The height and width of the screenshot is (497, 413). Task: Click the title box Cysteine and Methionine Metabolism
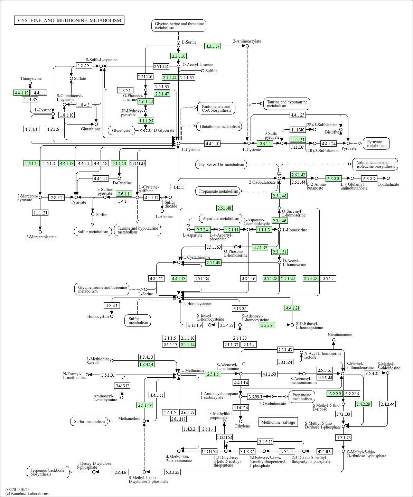tap(69, 20)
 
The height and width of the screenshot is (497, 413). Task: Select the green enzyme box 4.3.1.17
tap(212, 46)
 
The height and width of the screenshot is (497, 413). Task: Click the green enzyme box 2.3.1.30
tap(178, 56)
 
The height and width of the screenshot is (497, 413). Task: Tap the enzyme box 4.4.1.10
tap(212, 143)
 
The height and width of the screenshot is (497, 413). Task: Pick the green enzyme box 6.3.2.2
tap(334, 178)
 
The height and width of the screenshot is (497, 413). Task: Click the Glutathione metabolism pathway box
tap(219, 127)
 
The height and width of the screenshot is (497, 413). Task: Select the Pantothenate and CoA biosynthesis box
tap(216, 108)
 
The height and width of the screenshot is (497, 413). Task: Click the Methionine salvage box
tap(278, 422)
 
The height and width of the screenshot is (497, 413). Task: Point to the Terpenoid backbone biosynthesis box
tap(48, 472)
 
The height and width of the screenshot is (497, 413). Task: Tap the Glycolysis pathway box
tap(121, 130)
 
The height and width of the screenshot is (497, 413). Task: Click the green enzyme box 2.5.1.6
tap(213, 374)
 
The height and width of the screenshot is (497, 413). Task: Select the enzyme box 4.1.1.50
tap(269, 374)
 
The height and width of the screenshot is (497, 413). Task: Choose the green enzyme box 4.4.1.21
tap(292, 308)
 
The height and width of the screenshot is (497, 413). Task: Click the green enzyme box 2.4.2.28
tap(363, 404)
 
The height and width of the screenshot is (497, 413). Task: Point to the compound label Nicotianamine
tap(340, 335)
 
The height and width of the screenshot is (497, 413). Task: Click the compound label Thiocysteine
tap(31, 79)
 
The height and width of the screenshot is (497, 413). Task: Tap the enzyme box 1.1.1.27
tap(40, 213)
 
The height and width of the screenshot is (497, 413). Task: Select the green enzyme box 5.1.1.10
tap(119, 163)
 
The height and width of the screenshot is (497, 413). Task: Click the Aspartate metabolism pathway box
tap(221, 219)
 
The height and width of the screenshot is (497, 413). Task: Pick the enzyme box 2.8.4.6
tap(120, 472)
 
